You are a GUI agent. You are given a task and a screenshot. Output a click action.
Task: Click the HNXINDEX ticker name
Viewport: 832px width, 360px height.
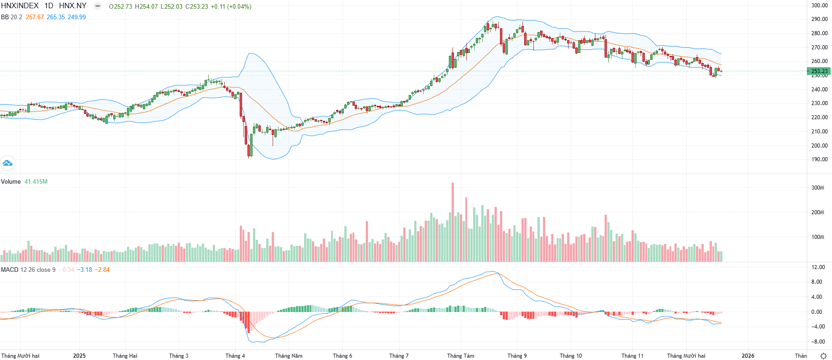[x=20, y=6]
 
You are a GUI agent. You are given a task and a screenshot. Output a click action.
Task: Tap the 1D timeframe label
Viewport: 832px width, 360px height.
[x=48, y=6]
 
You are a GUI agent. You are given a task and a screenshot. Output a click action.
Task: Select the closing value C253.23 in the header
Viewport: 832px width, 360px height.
[x=196, y=6]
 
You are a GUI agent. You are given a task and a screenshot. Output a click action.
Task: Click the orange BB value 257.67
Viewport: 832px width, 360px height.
[x=35, y=17]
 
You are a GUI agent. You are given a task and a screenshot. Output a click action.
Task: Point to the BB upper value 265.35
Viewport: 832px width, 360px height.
[x=56, y=17]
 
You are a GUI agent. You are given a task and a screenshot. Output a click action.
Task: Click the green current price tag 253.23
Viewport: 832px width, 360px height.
[x=819, y=71]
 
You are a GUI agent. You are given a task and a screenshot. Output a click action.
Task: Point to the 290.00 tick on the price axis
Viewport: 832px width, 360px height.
[x=819, y=19]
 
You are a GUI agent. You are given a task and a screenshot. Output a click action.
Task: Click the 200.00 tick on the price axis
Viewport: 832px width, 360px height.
[x=819, y=145]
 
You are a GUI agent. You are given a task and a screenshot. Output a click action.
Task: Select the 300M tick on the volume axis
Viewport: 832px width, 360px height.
[x=817, y=188]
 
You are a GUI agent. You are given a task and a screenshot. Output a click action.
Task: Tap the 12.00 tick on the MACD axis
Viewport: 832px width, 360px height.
[x=818, y=267]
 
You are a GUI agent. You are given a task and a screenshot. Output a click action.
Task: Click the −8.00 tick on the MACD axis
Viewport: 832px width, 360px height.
[x=818, y=341]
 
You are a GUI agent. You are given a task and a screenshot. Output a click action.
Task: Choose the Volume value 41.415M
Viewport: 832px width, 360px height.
[x=36, y=181]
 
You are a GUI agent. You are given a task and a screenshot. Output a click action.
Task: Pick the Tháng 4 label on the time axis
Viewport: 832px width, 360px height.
[x=235, y=355]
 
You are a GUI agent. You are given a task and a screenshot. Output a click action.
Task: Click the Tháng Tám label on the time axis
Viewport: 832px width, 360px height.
[x=460, y=355]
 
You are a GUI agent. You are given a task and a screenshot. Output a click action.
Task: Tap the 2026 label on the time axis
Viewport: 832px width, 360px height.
[x=748, y=355]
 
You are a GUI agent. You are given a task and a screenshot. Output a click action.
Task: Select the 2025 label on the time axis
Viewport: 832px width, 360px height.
[x=79, y=355]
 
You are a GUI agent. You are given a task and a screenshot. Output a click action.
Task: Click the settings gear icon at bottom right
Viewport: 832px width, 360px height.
[x=823, y=355]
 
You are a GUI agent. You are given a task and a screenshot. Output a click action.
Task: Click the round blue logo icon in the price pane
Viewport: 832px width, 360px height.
[x=7, y=163]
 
